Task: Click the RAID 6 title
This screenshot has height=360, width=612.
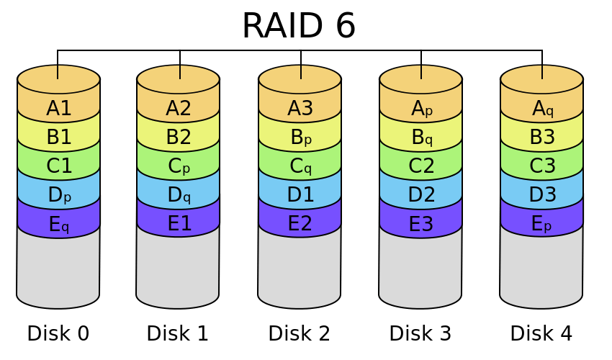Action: [x=298, y=26]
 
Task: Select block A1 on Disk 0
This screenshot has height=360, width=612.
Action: [x=58, y=109]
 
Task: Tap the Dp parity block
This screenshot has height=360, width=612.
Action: [x=58, y=195]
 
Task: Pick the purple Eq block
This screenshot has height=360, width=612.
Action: [x=58, y=225]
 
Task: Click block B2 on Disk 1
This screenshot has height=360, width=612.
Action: [x=179, y=138]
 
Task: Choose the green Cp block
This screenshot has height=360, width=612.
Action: [x=179, y=166]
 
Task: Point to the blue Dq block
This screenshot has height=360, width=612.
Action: [x=179, y=195]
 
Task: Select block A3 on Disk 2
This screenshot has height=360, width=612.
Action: [x=300, y=109]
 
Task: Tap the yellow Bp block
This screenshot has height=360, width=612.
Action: [x=300, y=138]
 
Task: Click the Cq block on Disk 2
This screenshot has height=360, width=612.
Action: [x=300, y=166]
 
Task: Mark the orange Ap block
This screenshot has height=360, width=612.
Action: [x=421, y=109]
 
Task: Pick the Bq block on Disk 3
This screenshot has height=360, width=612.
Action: [x=421, y=138]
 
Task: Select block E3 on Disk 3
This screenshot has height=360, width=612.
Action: [x=421, y=225]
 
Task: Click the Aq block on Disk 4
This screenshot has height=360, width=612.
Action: [x=542, y=109]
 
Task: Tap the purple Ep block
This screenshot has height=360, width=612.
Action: [x=542, y=225]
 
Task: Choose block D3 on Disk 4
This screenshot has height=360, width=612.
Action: [x=542, y=195]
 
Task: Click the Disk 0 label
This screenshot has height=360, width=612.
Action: [x=58, y=334]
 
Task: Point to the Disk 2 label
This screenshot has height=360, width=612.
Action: [x=300, y=334]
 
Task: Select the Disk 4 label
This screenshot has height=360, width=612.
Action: [x=541, y=334]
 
